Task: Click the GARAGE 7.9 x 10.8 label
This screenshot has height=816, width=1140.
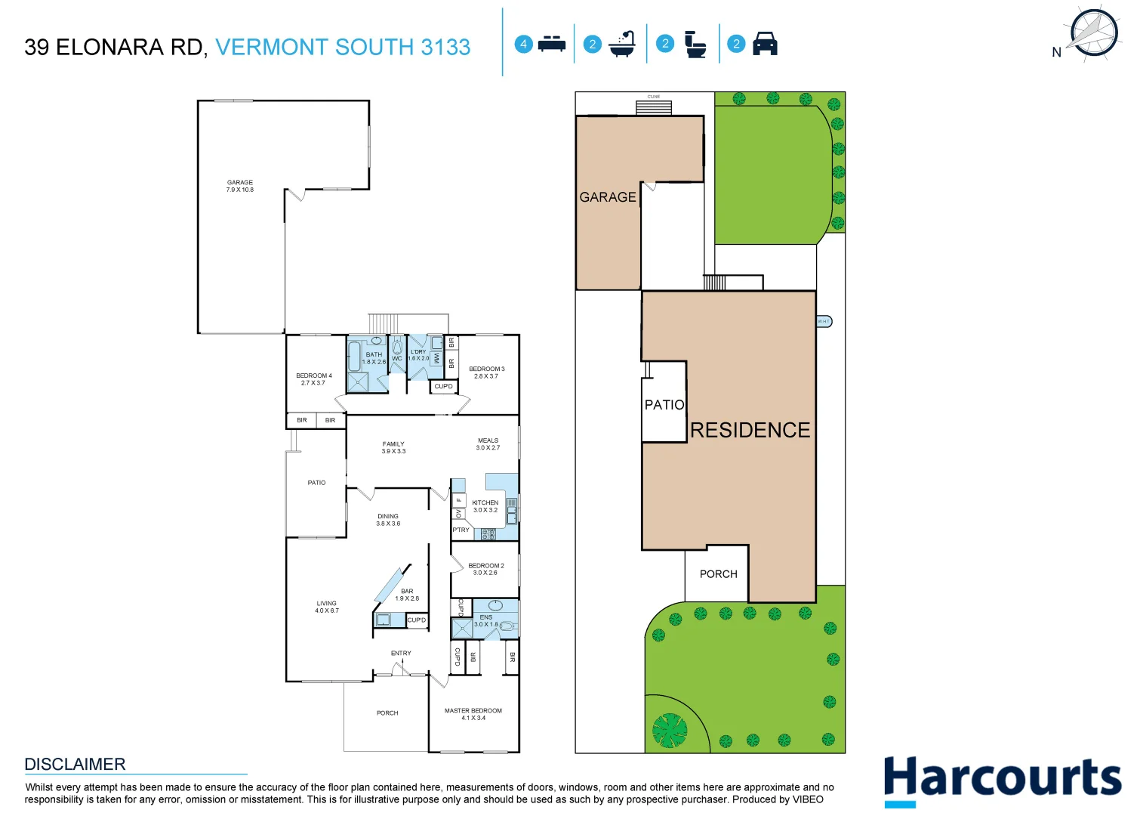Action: coord(240,186)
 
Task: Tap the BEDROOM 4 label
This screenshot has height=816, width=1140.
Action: coord(313,379)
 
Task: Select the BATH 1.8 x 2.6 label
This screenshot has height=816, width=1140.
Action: coord(374,358)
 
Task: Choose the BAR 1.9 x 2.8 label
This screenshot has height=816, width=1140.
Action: coord(407,595)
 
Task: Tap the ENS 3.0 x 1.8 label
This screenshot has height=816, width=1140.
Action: coord(485,620)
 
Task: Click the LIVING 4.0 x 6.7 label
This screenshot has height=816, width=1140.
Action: coord(327,607)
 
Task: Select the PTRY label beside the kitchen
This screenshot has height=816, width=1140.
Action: coord(461,530)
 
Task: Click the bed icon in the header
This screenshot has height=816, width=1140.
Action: coord(552,44)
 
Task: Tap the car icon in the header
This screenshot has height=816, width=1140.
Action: coord(765,44)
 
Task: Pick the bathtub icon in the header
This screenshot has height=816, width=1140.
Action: coord(623,44)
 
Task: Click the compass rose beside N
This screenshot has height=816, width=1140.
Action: coord(1093,33)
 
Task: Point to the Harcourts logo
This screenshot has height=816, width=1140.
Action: coord(1002,780)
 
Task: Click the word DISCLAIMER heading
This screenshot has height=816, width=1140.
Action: coord(75,764)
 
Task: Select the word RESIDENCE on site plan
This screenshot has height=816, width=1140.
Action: coord(750,430)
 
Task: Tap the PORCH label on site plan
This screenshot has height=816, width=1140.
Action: coord(718,574)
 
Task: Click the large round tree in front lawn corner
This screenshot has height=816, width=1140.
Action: coord(669,731)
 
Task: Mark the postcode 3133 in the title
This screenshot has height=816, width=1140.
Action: coord(445,47)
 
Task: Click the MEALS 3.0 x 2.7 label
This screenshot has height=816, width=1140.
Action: coord(488,444)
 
